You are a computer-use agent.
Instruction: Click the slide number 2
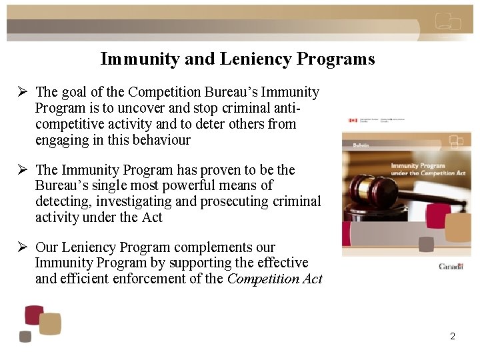(x=453, y=336)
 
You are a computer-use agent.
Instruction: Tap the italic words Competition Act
(x=275, y=279)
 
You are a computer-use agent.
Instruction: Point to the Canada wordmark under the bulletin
(x=451, y=266)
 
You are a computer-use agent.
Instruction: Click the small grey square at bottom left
(x=25, y=337)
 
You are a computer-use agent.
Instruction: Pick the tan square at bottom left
(x=50, y=324)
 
